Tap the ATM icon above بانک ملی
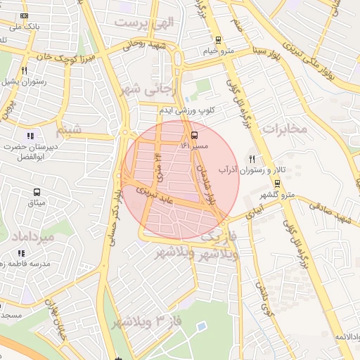25,15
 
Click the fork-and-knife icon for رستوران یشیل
24,70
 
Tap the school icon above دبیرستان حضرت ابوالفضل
30,136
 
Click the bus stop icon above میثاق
36,191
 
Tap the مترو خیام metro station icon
219,40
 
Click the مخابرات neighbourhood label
285,129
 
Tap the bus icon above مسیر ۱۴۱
193,134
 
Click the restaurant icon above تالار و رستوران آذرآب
252,160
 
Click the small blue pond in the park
202,327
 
